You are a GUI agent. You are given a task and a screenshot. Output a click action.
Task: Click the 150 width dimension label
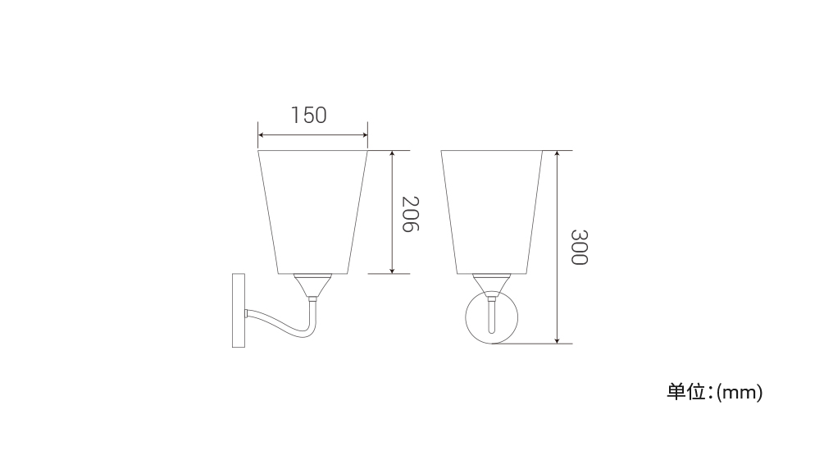coord(309,115)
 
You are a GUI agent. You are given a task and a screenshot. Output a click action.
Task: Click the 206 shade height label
coord(410,214)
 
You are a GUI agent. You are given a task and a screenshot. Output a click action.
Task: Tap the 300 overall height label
coord(579,247)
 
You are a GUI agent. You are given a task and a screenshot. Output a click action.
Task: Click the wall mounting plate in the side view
coord(239,310)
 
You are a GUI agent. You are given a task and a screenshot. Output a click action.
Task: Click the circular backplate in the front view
coord(491,317)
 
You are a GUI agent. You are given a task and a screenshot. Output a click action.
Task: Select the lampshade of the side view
coord(312,212)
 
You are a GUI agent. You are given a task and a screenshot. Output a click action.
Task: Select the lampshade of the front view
coord(491,212)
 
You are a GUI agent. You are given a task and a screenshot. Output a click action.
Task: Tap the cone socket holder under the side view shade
coord(312,285)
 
